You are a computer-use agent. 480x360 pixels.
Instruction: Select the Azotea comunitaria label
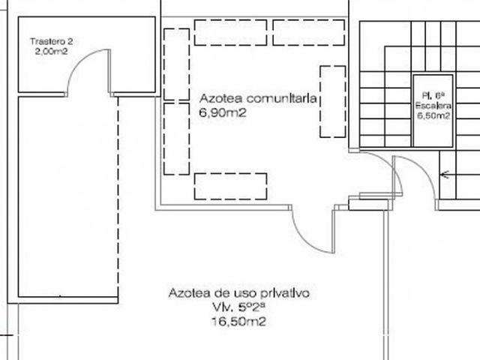259,99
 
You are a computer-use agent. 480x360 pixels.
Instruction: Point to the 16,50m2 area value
238,322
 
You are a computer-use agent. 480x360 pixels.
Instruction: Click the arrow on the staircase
442,175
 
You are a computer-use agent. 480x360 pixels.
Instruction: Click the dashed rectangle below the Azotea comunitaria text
230,186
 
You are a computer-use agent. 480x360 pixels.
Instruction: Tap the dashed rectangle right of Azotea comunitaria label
332,102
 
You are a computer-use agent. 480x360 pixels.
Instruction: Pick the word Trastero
43,41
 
